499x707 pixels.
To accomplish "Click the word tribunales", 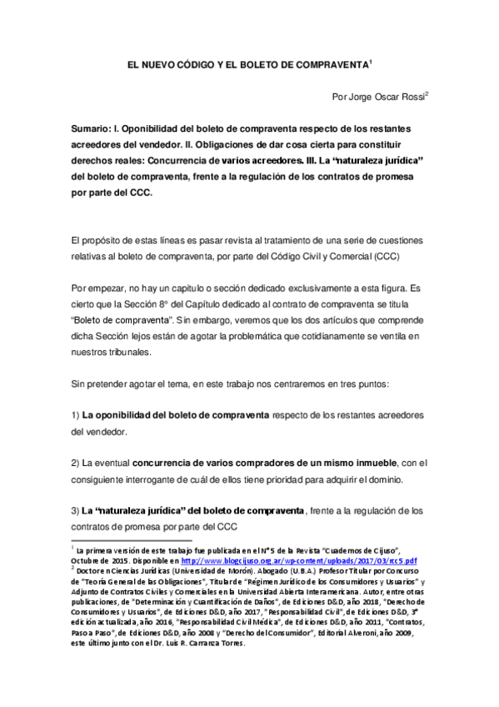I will (126, 352).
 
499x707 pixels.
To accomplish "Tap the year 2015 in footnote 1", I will (119, 561).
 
